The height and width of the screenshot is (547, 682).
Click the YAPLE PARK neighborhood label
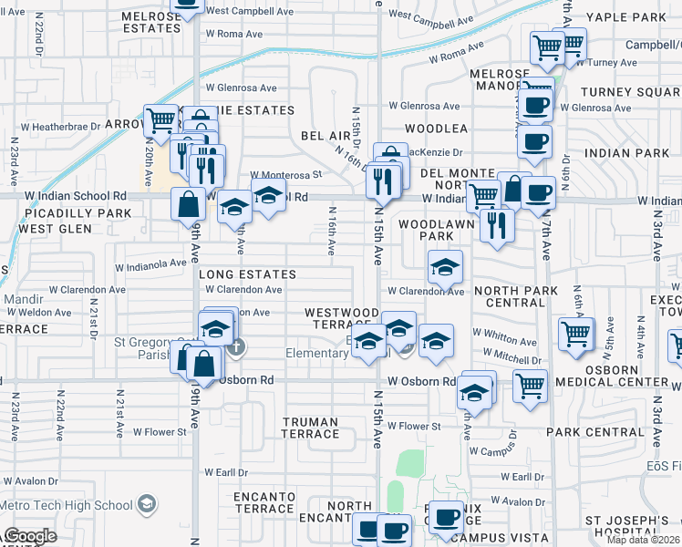pos(639,17)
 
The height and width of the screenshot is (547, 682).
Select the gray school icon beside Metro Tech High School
pos(146,503)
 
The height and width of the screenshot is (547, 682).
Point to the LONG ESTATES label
pos(247,274)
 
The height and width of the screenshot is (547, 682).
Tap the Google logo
pos(29,536)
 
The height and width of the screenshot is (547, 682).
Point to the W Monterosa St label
pos(286,174)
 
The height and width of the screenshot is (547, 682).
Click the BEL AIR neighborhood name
pos(325,136)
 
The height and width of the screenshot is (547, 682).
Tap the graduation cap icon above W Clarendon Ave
pos(445,266)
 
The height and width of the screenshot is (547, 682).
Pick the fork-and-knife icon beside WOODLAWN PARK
pos(497,224)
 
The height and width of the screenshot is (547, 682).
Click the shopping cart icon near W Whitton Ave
pos(576,335)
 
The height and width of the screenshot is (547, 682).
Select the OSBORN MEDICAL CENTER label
pos(632,376)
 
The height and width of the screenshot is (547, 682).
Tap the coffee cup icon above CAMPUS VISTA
pos(446,518)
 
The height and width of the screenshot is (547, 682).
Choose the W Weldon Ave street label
pos(36,313)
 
